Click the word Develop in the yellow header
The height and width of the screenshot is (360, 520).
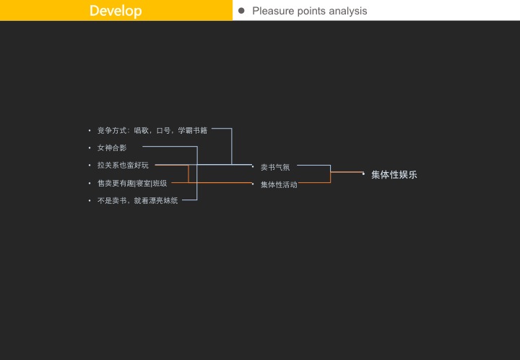click(116, 11)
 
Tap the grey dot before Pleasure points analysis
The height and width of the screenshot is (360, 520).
click(241, 11)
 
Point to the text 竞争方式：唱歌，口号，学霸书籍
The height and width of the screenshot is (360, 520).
click(152, 131)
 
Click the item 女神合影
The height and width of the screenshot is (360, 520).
click(112, 148)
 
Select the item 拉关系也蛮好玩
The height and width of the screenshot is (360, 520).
click(123, 166)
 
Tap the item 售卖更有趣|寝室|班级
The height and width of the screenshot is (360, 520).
click(132, 184)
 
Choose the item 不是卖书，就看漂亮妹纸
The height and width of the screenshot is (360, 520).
click(137, 200)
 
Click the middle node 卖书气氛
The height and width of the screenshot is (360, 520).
click(275, 168)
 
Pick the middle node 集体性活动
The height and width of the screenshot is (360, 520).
click(279, 185)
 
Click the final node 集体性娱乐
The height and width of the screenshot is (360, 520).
click(394, 175)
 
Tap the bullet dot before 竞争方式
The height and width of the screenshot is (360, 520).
click(90, 131)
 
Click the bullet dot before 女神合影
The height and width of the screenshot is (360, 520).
click(90, 148)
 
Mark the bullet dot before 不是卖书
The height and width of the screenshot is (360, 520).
click(90, 200)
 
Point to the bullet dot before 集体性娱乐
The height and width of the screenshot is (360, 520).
click(363, 174)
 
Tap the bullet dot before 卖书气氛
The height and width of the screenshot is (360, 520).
click(253, 167)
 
